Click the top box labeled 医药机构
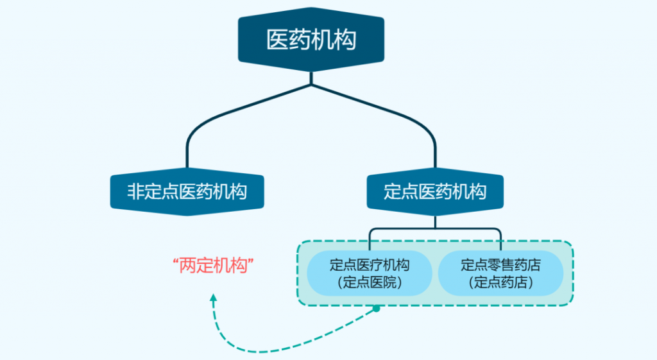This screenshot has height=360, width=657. coord(311,40)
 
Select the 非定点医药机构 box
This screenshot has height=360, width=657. coord(187,191)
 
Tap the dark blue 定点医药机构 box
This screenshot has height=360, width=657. coord(435,191)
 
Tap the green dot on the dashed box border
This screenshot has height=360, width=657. coord(377,309)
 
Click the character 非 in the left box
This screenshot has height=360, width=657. coord(135,191)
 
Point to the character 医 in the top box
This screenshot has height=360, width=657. coord(277,40)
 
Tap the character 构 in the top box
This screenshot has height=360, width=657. coord(345,40)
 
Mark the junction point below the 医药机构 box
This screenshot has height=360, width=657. coord(311,84)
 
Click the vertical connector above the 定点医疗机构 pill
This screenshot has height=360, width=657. coord(370,239)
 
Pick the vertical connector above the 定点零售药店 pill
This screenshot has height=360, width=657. coord(500,239)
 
